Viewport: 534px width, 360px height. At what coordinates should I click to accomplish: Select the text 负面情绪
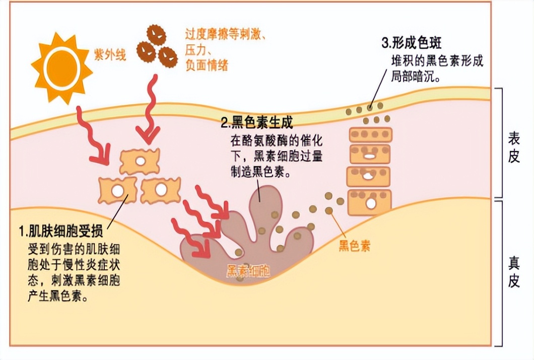[x=207, y=66]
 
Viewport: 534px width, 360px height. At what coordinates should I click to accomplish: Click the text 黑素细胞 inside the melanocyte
[x=248, y=271]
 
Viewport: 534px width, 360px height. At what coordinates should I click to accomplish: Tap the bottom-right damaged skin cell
[x=160, y=190]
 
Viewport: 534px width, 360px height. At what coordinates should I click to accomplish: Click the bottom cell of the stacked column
[x=369, y=202]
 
